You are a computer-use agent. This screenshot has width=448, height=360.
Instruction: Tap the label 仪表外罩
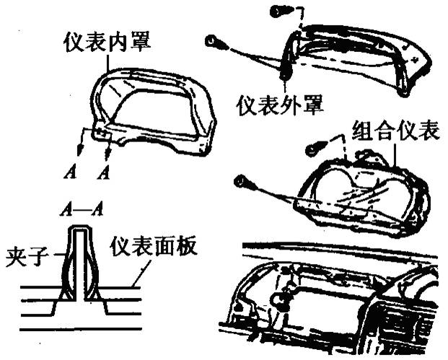coord(280,105)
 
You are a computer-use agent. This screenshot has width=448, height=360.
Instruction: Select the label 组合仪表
coord(396,131)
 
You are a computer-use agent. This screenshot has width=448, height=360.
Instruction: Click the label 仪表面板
coord(154,248)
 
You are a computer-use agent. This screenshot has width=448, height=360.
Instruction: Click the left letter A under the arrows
coord(71,173)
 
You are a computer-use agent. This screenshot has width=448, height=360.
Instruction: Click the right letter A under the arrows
coord(105,173)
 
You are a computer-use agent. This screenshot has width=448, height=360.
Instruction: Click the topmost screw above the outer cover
coord(279,10)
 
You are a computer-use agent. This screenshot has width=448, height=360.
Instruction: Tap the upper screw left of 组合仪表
coord(314,148)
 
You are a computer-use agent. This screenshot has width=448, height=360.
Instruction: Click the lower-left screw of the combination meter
coord(244,180)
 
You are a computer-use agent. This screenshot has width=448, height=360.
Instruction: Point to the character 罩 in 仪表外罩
coord(312,105)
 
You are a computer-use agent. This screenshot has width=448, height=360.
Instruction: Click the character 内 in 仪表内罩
coord(115,41)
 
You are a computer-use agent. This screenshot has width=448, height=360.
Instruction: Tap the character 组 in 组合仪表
coord(364,131)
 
